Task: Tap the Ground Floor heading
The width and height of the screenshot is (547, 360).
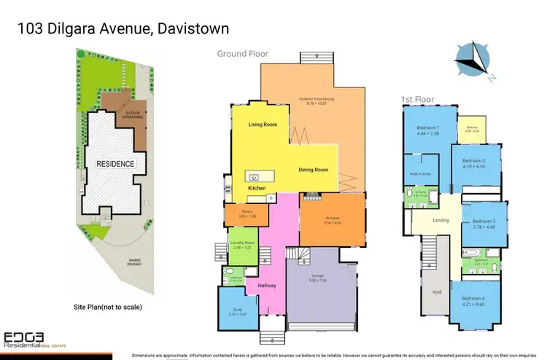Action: click(x=243, y=54)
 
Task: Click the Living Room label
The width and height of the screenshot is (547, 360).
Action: click(x=263, y=125)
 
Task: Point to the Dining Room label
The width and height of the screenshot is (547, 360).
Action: click(x=314, y=170)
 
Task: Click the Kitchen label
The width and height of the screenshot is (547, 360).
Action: click(x=257, y=188)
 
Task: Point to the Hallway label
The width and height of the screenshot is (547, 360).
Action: click(x=267, y=286)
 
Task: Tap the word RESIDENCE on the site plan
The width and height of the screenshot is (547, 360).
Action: click(x=115, y=164)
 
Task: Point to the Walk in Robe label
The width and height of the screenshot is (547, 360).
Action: click(x=419, y=174)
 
